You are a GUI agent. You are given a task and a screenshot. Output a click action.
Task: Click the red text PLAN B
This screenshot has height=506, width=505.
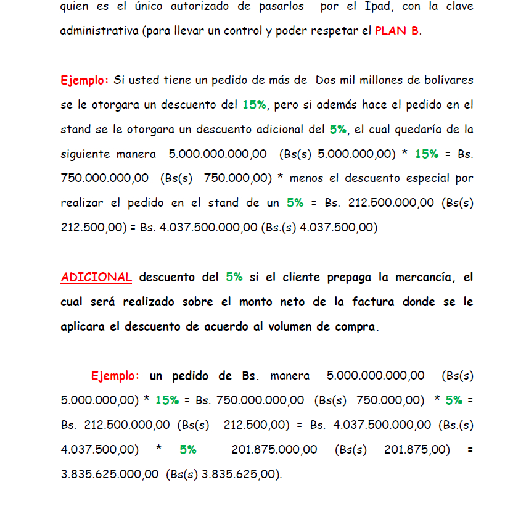[x=397, y=30]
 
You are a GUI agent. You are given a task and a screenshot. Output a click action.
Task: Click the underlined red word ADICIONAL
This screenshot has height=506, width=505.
[x=96, y=277]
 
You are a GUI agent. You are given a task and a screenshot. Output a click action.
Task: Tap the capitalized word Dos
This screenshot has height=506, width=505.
[x=325, y=80]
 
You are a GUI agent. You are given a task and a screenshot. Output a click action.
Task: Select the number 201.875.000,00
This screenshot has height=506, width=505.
[x=274, y=450]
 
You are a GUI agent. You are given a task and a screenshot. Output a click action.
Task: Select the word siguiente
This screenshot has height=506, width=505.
[x=86, y=154]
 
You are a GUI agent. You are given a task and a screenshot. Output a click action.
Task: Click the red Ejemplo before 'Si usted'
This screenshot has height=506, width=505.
[x=84, y=80]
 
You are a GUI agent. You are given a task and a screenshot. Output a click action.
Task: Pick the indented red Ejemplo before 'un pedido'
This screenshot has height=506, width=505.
[x=115, y=376]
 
